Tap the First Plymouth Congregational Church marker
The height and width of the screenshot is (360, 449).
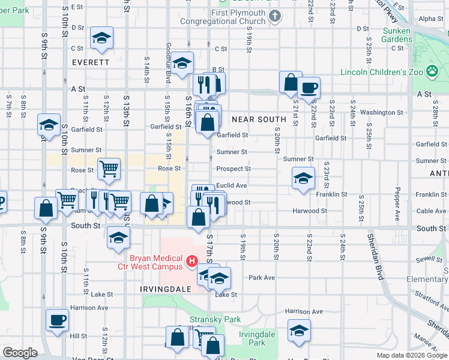point(275,15)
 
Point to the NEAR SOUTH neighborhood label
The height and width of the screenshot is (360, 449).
point(259,119)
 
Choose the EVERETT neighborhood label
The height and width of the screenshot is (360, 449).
point(90,62)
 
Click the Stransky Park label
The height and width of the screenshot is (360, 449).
point(206,320)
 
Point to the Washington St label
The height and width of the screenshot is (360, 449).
point(382,112)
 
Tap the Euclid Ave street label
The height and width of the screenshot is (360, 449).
point(232,186)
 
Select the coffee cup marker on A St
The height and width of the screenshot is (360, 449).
point(309,88)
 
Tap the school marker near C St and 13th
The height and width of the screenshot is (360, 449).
point(101,38)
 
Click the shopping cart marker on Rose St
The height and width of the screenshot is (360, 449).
point(109,169)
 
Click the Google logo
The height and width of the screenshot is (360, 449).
point(20,353)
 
